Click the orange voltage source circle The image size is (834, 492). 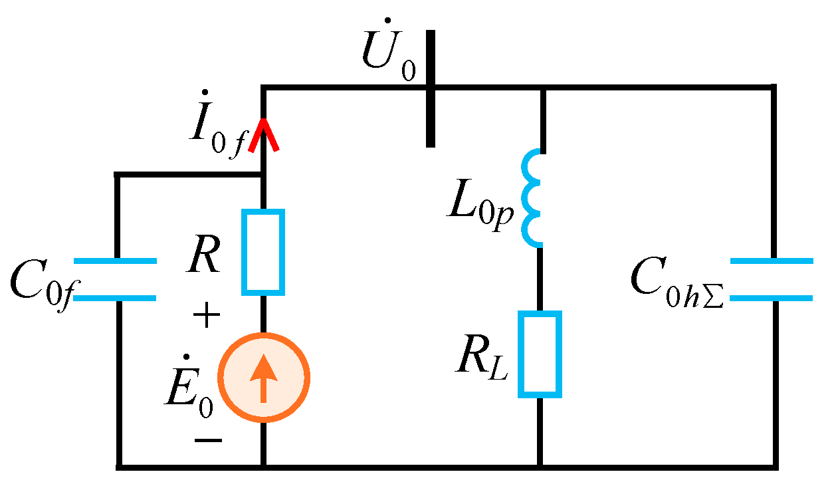coord(264,377)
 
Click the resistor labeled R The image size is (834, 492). coord(263,252)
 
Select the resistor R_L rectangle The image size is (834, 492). coord(540,354)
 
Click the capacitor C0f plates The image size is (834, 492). coord(116,280)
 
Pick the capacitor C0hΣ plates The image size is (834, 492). coord(772,279)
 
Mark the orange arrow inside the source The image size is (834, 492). coord(264,376)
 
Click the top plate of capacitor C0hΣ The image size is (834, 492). coord(772,261)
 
